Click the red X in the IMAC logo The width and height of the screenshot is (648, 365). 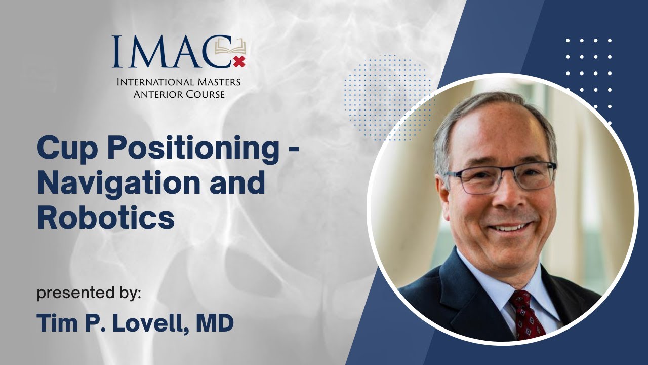238,62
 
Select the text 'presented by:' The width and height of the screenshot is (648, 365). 89,293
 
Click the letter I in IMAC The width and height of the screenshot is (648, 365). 117,52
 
